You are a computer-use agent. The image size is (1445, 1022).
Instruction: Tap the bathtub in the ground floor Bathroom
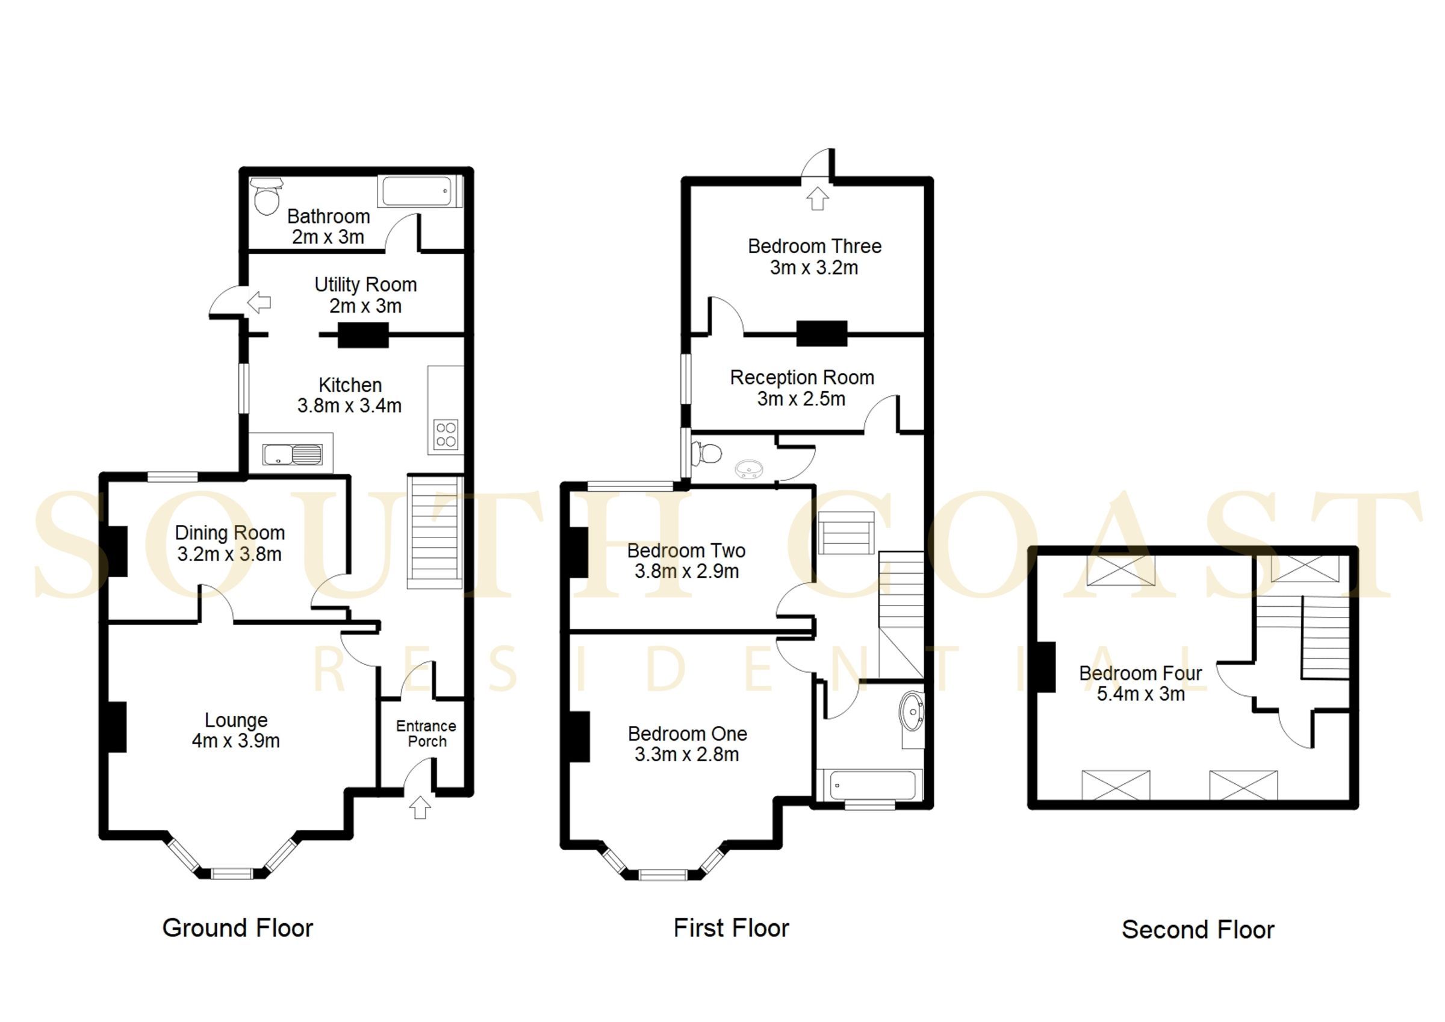[417, 192]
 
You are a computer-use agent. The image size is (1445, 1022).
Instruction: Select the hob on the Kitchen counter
[446, 434]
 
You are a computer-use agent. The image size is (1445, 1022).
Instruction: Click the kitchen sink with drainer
[292, 454]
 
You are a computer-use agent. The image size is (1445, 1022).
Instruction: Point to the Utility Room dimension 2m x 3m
[365, 306]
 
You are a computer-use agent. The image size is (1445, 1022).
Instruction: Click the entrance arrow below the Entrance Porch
[420, 807]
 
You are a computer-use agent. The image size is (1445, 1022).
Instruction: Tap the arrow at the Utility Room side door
[259, 303]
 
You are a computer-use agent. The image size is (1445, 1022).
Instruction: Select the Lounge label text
[236, 719]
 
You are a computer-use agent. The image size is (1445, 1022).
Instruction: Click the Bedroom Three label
[815, 246]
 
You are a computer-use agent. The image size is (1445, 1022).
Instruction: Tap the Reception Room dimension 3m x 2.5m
[801, 398]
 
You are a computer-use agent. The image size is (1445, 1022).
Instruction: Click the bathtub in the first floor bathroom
[869, 786]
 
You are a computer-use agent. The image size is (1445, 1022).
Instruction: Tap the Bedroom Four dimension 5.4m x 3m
[1140, 694]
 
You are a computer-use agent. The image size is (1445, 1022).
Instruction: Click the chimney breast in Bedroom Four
[1045, 667]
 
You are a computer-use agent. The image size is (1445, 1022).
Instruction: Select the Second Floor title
[1198, 930]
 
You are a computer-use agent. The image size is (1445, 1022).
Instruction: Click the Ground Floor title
[237, 928]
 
